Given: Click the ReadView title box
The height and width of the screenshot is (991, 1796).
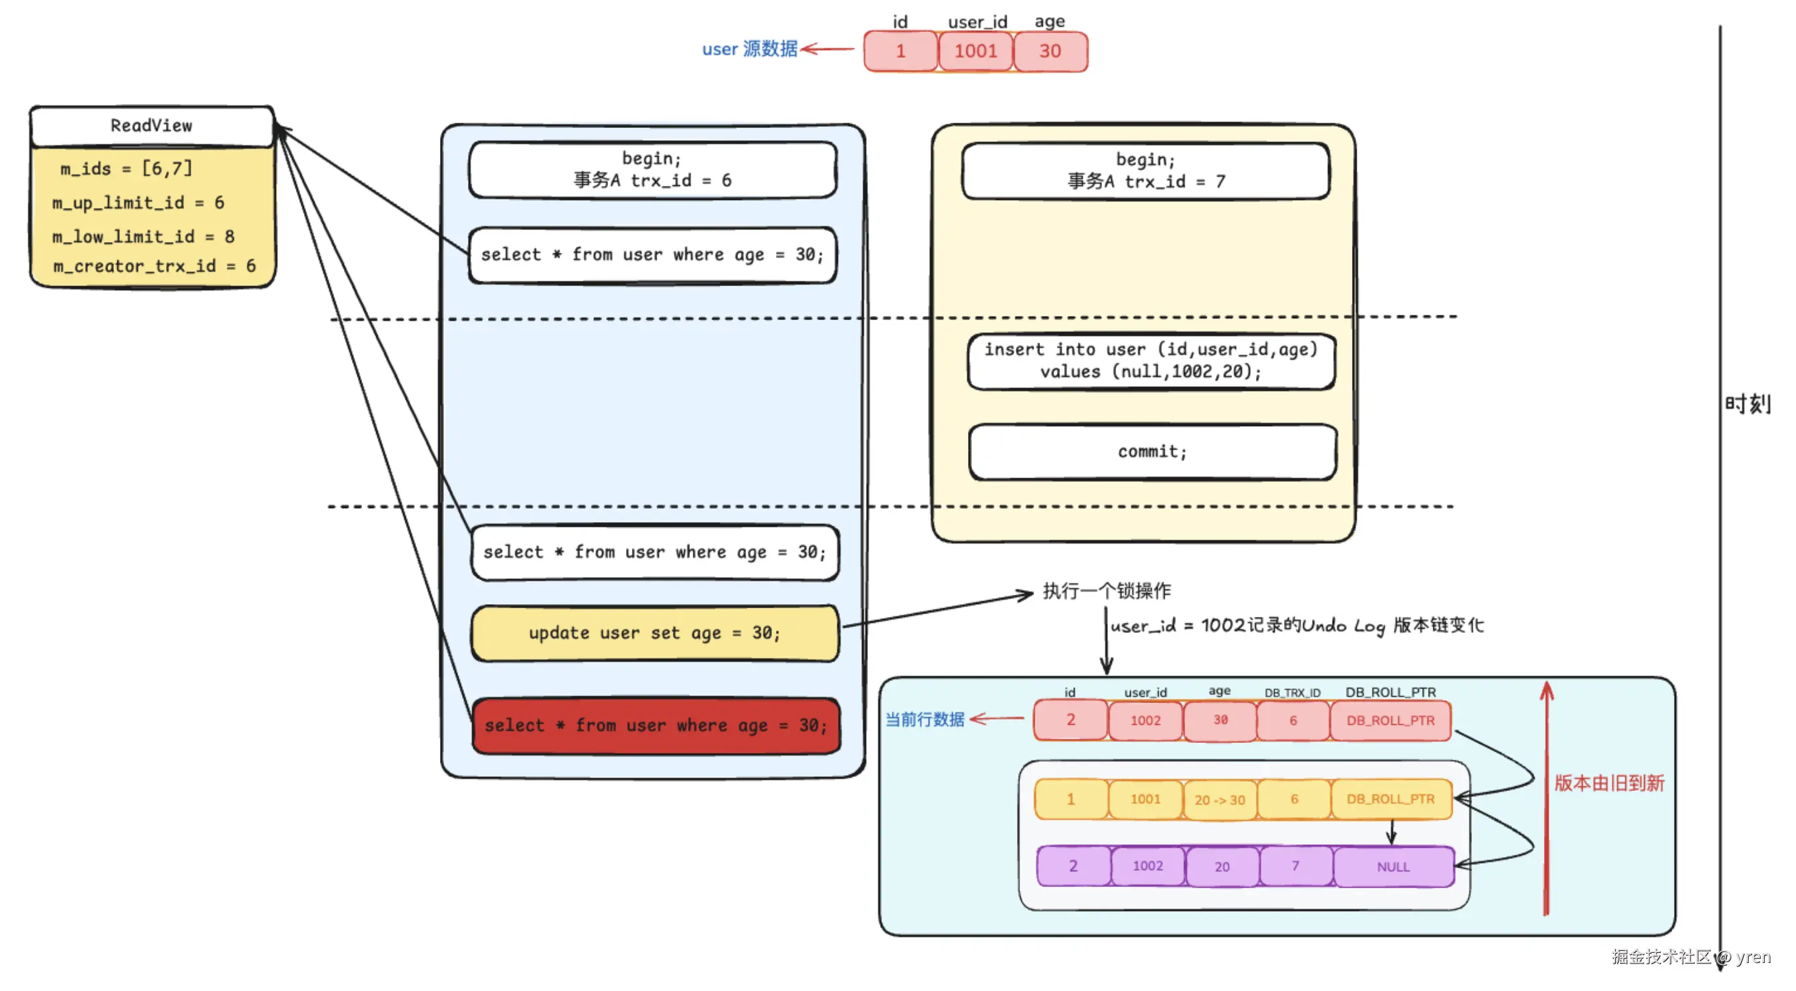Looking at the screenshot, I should [151, 126].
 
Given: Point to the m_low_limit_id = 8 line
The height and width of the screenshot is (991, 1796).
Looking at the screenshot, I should [143, 237].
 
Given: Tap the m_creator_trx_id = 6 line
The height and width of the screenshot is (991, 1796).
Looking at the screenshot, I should [154, 266].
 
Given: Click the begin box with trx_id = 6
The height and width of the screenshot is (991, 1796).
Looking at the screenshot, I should [652, 170].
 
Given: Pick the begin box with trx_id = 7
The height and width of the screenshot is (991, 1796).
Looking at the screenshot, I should [1145, 171].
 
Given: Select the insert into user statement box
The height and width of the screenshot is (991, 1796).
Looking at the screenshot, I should [1151, 361].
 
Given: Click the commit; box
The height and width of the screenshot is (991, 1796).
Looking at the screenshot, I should [1153, 452].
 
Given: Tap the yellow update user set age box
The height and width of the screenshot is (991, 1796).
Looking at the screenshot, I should [655, 634].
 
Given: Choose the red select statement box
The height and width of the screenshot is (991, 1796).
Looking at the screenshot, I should [655, 726].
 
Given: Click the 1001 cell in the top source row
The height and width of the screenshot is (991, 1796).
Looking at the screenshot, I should [975, 51].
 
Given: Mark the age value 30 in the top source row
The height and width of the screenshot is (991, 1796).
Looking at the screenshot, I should [1050, 51].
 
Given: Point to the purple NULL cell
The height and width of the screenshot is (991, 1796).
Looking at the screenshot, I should [1393, 867].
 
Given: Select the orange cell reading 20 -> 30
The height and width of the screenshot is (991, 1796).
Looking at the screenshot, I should [1219, 800].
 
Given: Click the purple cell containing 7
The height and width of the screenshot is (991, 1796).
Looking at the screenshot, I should [1295, 866].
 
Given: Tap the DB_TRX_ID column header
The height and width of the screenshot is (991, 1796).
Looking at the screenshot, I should [1292, 693].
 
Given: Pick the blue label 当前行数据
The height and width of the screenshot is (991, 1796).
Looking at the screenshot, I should [925, 720].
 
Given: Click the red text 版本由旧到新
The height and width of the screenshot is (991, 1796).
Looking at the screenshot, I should [1609, 783].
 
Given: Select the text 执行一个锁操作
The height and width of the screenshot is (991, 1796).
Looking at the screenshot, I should [1107, 592].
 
